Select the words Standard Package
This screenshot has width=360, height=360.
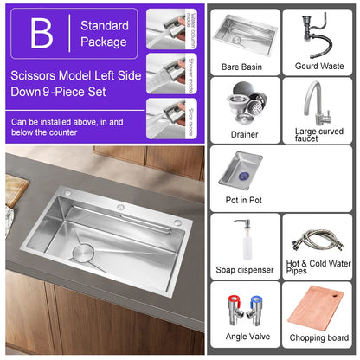104,34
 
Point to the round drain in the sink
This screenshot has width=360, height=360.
84,254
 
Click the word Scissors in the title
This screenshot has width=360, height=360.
35,74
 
